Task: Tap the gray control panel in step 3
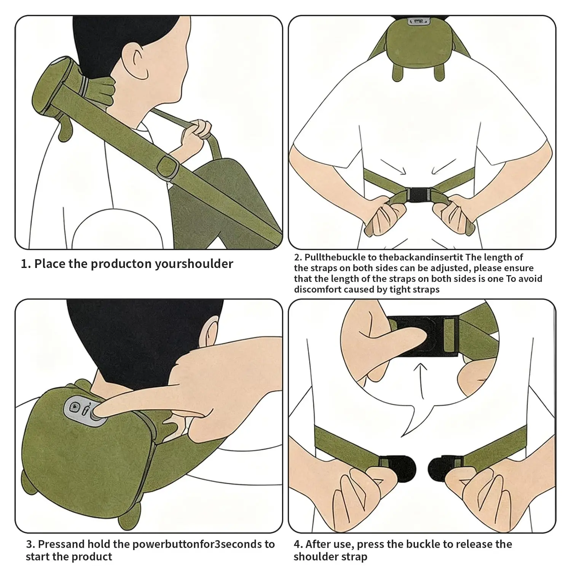click(83, 410)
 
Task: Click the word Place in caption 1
click(50, 264)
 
